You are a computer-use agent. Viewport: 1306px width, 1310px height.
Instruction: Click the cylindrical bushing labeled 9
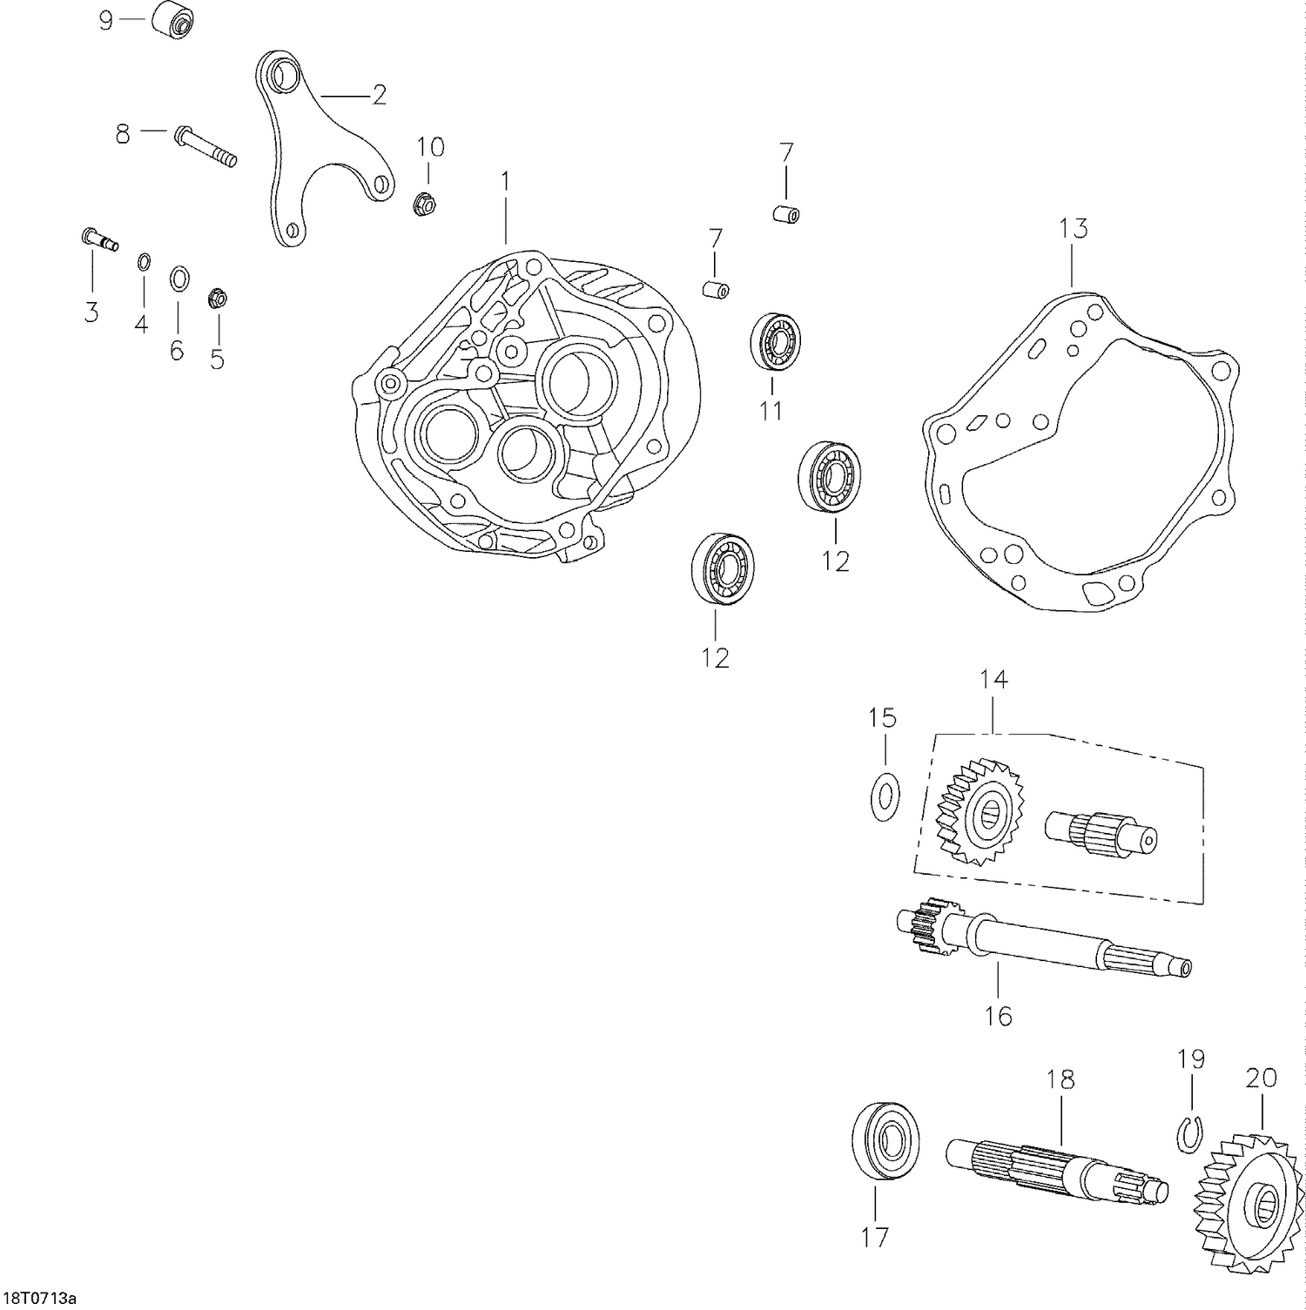pyautogui.click(x=171, y=21)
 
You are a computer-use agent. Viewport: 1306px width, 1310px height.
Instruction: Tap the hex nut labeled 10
pyautogui.click(x=424, y=205)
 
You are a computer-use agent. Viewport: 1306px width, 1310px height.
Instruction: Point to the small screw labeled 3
pyautogui.click(x=100, y=239)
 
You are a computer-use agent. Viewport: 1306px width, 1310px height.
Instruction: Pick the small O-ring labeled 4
pyautogui.click(x=144, y=261)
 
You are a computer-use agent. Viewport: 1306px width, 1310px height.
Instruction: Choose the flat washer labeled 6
pyautogui.click(x=179, y=279)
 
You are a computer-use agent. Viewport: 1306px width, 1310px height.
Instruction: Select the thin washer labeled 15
pyautogui.click(x=885, y=795)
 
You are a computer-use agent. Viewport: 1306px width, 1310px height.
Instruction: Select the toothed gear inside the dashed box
pyautogui.click(x=980, y=811)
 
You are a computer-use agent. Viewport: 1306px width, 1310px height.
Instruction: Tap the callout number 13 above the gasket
pyautogui.click(x=1074, y=229)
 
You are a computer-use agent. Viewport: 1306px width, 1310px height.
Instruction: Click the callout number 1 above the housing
pyautogui.click(x=504, y=181)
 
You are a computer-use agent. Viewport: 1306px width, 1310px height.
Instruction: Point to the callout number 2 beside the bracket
pyautogui.click(x=379, y=95)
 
